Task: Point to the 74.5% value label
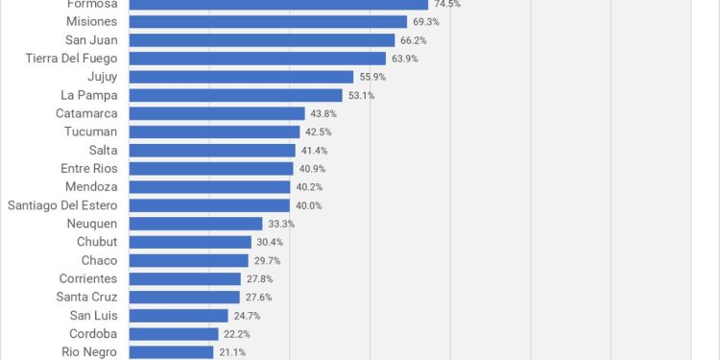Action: [x=446, y=4]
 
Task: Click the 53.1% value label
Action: [x=361, y=95]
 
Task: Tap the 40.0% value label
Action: [x=308, y=205]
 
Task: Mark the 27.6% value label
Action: [x=258, y=297]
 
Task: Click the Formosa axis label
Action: [x=92, y=4]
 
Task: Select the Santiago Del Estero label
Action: [x=62, y=205]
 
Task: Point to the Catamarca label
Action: [x=86, y=113]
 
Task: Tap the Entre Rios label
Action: [x=88, y=169]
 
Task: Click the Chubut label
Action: [x=97, y=242]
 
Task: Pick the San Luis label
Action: [x=94, y=315]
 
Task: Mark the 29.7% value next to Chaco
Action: [x=268, y=260]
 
